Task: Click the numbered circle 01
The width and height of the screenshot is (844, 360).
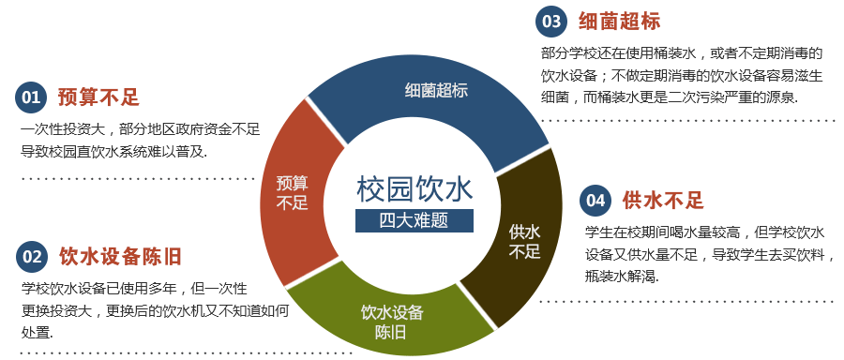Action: pos(32,97)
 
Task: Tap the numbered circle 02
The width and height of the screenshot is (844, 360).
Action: pos(32,256)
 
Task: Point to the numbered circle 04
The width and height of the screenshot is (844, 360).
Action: pos(595,200)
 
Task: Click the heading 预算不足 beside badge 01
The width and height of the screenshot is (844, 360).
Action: pos(98,97)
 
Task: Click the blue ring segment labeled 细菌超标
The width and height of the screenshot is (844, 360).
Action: pos(435,91)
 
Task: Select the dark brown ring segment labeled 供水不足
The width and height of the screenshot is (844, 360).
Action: pos(524,240)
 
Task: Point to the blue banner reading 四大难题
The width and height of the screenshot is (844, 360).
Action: pos(414,221)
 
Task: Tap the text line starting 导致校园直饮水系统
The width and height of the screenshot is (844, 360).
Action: pos(113,151)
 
